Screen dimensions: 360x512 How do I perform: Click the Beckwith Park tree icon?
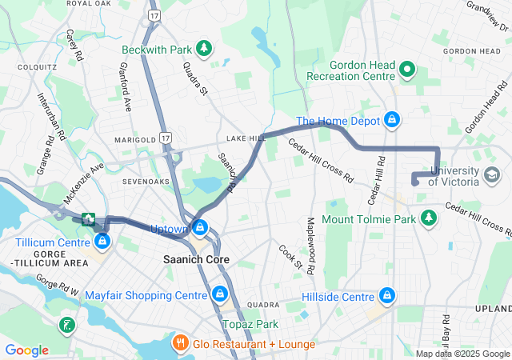(x=204, y=49)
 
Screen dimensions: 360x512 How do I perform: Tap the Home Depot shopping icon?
(x=391, y=121)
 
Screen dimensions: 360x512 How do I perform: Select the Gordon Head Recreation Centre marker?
(x=408, y=69)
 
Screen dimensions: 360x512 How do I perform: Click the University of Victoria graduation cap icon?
(x=492, y=173)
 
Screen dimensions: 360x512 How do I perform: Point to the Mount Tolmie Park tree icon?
(x=430, y=218)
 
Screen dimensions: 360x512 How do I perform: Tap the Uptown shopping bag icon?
(x=201, y=229)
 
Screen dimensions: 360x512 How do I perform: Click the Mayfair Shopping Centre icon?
(x=219, y=295)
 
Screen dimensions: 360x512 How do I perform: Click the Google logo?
(x=26, y=350)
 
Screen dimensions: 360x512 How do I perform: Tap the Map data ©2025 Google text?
(x=461, y=354)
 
